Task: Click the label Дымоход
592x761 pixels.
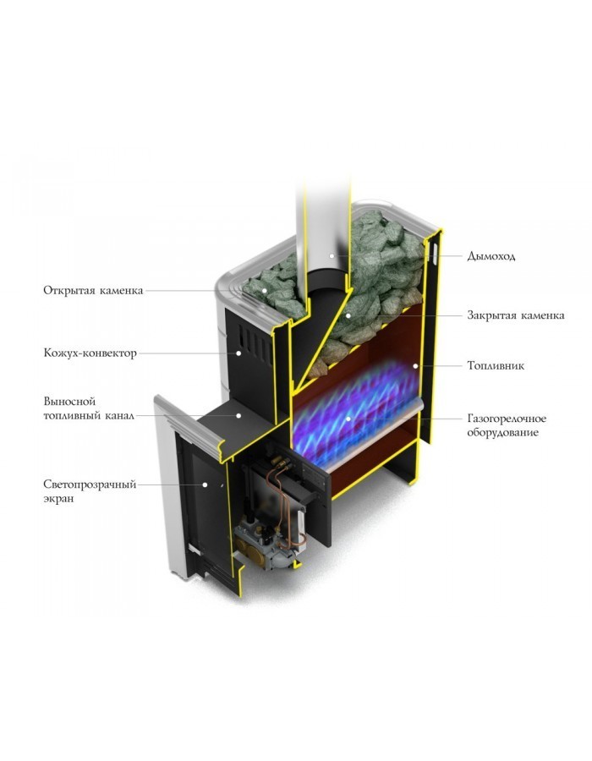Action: (491, 255)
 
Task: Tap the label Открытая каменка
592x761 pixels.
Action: (93, 290)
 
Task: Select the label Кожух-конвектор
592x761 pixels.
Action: (90, 353)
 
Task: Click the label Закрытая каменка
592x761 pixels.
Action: (516, 315)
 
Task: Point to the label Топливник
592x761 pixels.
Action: (496, 365)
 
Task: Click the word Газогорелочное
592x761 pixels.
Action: (507, 419)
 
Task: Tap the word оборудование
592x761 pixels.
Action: (502, 432)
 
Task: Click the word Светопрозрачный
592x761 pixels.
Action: (90, 485)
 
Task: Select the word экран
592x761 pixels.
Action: (58, 498)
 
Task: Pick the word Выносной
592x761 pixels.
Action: (69, 402)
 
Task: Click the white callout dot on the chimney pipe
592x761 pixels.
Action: (332, 255)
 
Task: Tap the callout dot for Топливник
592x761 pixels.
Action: (415, 365)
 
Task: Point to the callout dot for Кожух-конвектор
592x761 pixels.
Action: (238, 353)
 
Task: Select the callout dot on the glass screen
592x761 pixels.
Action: (206, 485)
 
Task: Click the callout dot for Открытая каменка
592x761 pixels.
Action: (265, 290)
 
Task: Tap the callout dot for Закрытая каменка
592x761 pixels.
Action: (348, 315)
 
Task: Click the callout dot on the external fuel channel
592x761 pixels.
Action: (238, 415)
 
